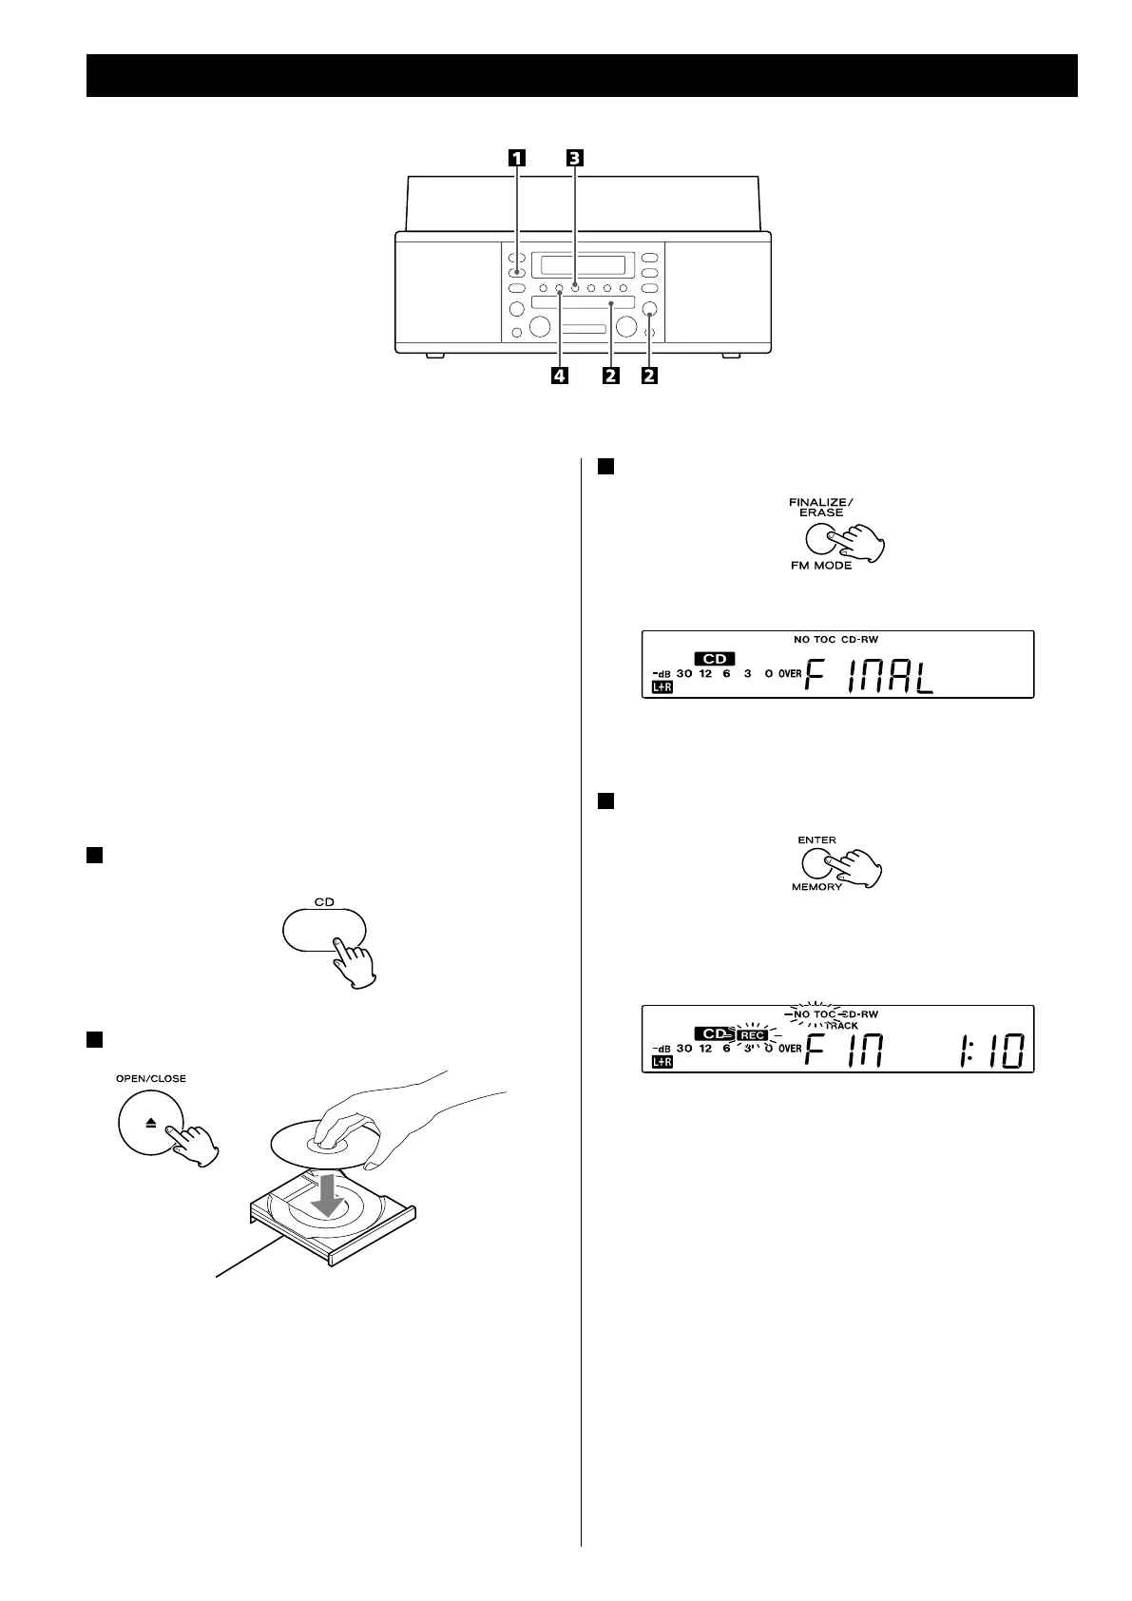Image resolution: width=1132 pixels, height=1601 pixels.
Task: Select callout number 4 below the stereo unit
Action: [x=559, y=376]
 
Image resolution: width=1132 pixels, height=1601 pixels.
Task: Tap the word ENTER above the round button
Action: [x=817, y=839]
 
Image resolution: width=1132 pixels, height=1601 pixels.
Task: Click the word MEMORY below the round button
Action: [x=816, y=887]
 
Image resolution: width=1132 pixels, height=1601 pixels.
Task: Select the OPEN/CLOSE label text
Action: [x=151, y=1078]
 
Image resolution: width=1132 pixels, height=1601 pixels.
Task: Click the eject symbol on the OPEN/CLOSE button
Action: [x=150, y=1123]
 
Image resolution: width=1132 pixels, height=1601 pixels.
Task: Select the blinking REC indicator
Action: [x=753, y=1035]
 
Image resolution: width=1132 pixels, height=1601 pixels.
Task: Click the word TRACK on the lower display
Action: [x=841, y=1026]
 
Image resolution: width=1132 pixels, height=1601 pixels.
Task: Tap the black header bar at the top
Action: [x=582, y=75]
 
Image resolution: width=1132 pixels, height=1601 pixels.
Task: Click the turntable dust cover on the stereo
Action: [x=582, y=202]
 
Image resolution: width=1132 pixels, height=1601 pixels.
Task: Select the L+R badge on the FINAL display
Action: [x=662, y=686]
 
